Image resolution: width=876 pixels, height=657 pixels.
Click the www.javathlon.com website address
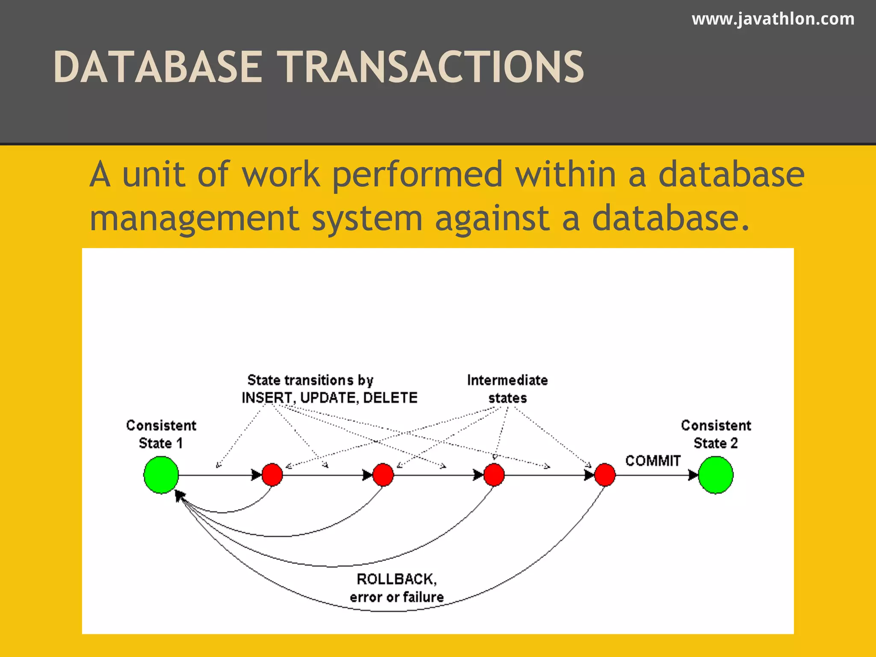773,19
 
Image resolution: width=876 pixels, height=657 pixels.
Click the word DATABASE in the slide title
157,67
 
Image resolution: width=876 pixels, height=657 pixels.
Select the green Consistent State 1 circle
161,475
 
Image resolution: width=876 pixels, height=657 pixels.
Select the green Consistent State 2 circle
716,475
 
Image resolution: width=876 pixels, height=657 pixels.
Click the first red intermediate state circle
272,475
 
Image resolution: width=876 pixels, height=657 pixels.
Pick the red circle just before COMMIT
605,475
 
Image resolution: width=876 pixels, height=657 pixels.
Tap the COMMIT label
653,461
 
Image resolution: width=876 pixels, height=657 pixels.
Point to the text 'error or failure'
397,597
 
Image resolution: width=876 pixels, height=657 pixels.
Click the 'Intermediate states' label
507,389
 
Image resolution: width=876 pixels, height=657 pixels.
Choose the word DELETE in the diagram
390,398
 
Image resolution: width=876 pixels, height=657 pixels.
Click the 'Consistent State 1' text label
161,434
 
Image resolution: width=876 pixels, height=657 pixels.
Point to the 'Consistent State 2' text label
716,434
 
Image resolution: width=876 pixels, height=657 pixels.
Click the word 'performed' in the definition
417,175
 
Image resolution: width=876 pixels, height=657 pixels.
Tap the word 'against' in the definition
492,218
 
